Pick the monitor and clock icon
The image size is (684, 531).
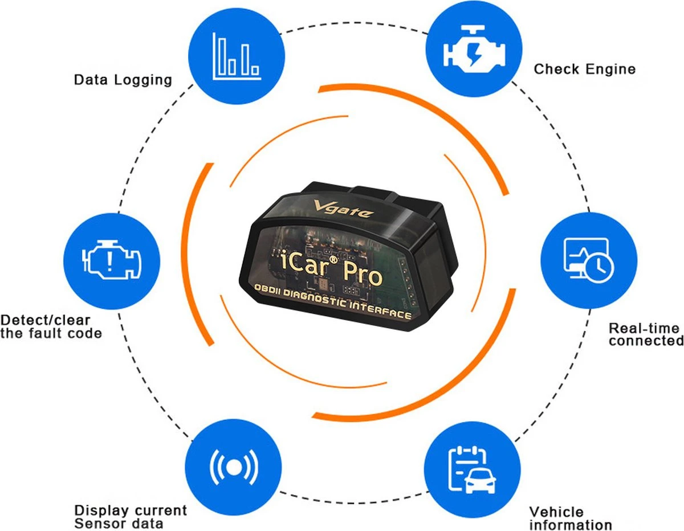click(587, 260)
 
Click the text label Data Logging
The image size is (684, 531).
click(123, 80)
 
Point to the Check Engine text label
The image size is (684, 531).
click(584, 70)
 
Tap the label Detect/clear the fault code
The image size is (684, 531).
click(51, 326)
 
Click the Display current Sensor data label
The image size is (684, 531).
click(131, 516)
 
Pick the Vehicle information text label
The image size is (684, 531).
click(570, 518)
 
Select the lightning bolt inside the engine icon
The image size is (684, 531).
click(474, 54)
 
